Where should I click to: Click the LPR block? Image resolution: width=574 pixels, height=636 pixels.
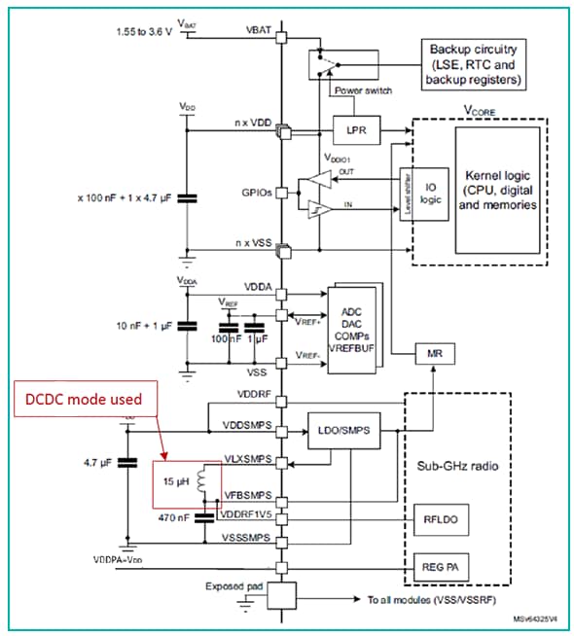349,129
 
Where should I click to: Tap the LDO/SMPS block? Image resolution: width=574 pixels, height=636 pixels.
341,430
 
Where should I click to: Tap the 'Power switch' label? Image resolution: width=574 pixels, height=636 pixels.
364,90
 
